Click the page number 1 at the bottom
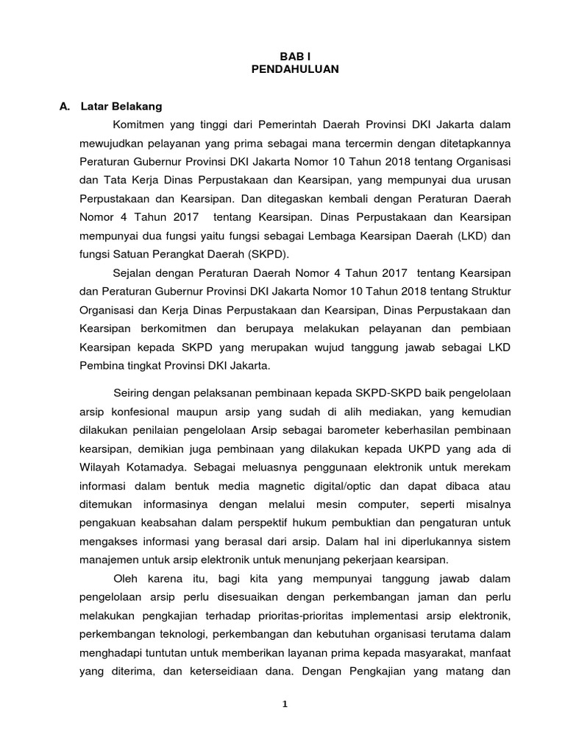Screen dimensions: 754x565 (285, 704)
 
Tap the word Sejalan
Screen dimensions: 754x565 (135, 272)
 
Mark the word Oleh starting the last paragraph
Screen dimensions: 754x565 (127, 577)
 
